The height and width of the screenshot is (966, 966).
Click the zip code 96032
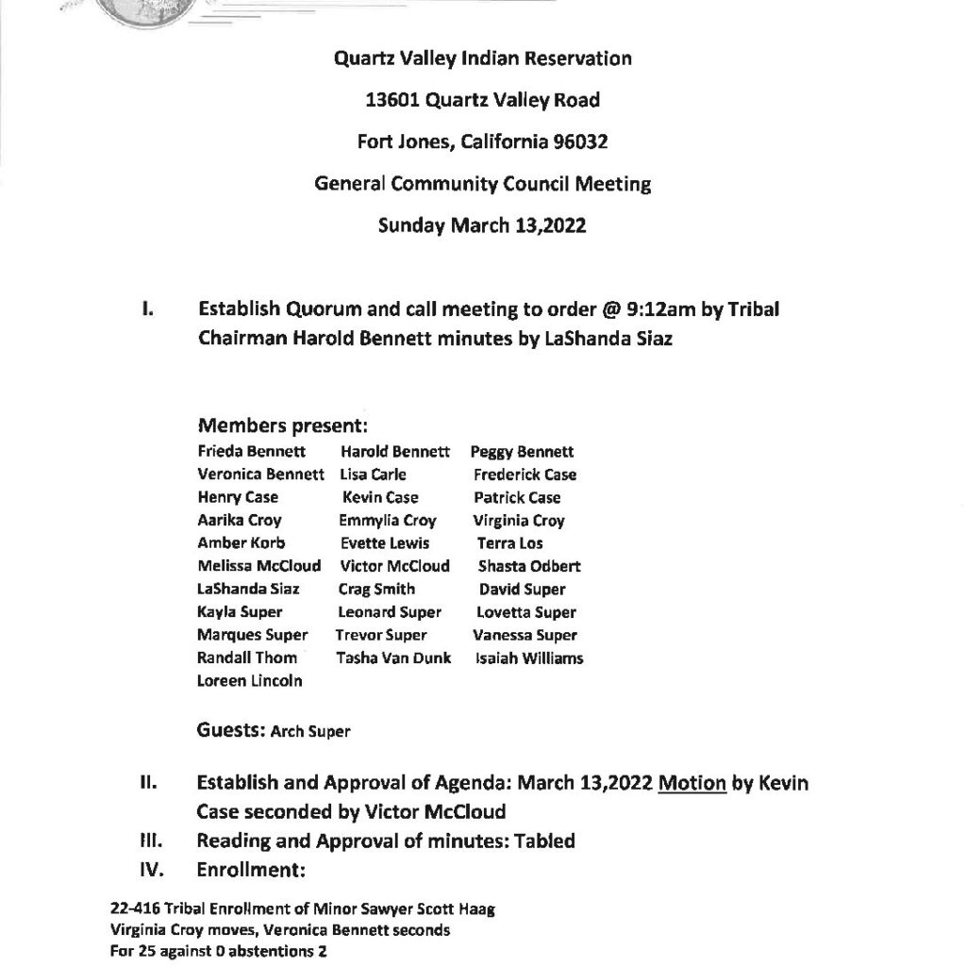point(575,142)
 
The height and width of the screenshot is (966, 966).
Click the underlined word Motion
point(692,783)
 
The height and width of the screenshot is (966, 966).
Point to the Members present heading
point(283,426)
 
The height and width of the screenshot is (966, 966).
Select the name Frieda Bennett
point(252,452)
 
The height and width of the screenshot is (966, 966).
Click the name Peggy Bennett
point(522,452)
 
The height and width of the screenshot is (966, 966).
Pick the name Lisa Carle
point(374,475)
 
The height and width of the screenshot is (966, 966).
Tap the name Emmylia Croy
point(388,521)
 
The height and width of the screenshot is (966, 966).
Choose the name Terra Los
point(510,543)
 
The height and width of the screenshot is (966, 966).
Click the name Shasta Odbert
point(529,567)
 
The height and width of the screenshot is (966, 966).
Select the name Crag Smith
point(376,590)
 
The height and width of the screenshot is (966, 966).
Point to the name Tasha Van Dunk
point(393,658)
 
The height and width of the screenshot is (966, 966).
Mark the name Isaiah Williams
point(529,658)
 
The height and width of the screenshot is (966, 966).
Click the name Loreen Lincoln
point(250,681)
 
